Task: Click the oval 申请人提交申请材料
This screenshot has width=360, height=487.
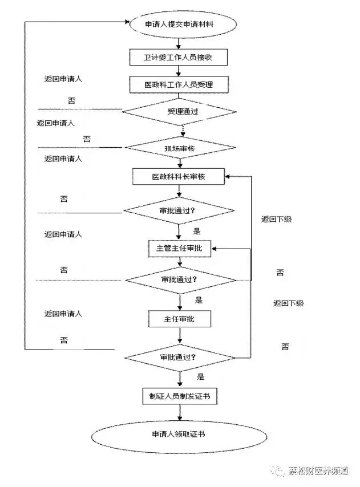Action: [183, 24]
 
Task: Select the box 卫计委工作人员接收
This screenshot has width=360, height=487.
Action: [179, 57]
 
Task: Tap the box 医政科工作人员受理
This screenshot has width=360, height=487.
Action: [179, 84]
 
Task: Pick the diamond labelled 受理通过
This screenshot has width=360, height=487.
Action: [179, 112]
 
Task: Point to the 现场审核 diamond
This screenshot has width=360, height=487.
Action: [180, 148]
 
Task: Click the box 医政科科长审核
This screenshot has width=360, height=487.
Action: [179, 176]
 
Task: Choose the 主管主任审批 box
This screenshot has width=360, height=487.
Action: [180, 249]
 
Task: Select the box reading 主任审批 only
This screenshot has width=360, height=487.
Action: [180, 319]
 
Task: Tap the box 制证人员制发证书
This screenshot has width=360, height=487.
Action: [180, 396]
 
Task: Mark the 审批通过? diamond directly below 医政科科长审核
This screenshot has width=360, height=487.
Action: [179, 210]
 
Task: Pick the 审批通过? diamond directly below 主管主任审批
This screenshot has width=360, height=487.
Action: [180, 280]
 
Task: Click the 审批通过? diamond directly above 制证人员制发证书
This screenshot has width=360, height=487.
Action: [180, 358]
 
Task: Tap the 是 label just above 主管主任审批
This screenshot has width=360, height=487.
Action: [197, 231]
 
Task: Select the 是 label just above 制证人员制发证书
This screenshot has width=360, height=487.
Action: [201, 377]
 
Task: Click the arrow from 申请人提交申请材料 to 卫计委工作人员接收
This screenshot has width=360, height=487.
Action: [179, 43]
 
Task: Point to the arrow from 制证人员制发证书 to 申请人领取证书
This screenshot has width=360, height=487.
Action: [180, 412]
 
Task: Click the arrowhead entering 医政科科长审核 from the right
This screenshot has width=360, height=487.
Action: [228, 176]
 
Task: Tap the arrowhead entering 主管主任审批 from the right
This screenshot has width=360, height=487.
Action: [215, 249]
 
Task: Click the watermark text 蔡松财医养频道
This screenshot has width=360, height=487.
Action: [319, 471]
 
